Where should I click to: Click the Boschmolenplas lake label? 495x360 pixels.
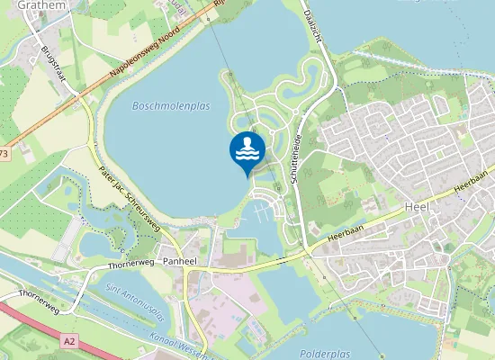[170, 105]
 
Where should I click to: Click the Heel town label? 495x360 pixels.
[417, 206]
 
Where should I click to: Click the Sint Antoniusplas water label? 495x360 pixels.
[135, 305]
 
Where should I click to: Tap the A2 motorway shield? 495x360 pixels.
[69, 341]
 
